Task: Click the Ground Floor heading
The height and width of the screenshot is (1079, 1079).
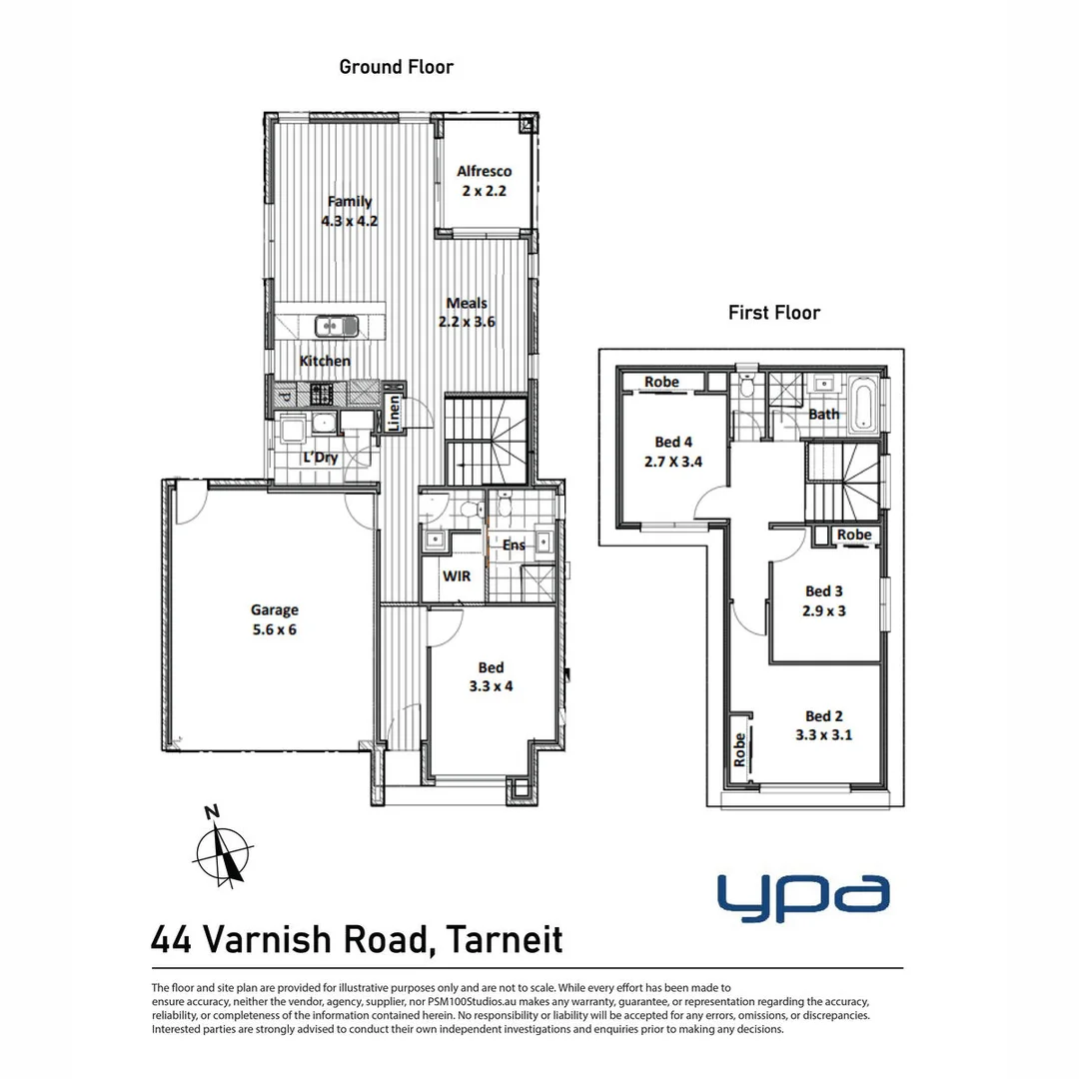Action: click(x=397, y=67)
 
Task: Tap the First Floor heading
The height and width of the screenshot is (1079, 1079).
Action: click(x=774, y=313)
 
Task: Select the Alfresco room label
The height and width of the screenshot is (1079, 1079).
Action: click(x=484, y=172)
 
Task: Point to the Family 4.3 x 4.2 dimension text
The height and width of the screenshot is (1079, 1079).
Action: click(x=350, y=221)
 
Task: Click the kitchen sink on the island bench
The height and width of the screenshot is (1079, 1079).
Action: click(x=337, y=326)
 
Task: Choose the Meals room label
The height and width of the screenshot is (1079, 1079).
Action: click(x=467, y=303)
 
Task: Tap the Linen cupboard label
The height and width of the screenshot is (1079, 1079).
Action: click(x=394, y=413)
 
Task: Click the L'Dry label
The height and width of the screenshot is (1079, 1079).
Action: click(x=321, y=457)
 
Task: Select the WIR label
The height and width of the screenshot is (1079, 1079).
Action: click(x=457, y=576)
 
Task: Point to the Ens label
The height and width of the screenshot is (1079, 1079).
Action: click(x=514, y=545)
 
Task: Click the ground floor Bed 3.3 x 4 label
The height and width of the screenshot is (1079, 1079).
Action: click(x=491, y=676)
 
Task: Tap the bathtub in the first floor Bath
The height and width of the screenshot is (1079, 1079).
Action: click(x=863, y=404)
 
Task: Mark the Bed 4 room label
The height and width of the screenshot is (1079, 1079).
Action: click(x=673, y=442)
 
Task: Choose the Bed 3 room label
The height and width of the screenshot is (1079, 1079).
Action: click(x=823, y=591)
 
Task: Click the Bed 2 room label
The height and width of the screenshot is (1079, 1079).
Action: click(x=823, y=716)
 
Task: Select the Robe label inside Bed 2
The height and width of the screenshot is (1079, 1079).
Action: click(x=739, y=750)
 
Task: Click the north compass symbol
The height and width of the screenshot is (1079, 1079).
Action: click(x=223, y=848)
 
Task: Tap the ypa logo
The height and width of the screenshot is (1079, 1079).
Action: click(x=803, y=897)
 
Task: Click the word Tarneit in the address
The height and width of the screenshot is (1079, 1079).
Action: click(x=505, y=940)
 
